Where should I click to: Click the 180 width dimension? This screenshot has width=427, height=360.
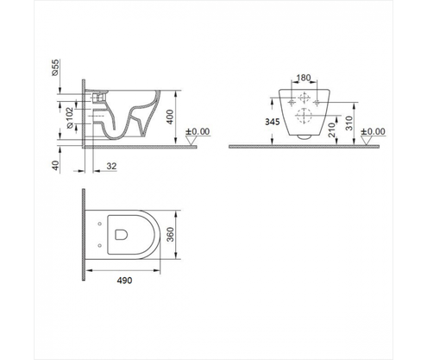[x=302, y=77]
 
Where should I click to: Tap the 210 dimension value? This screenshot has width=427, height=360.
[x=333, y=128]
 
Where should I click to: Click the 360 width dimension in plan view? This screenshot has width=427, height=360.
[x=174, y=234]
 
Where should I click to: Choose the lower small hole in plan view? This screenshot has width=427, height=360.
[x=101, y=244]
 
